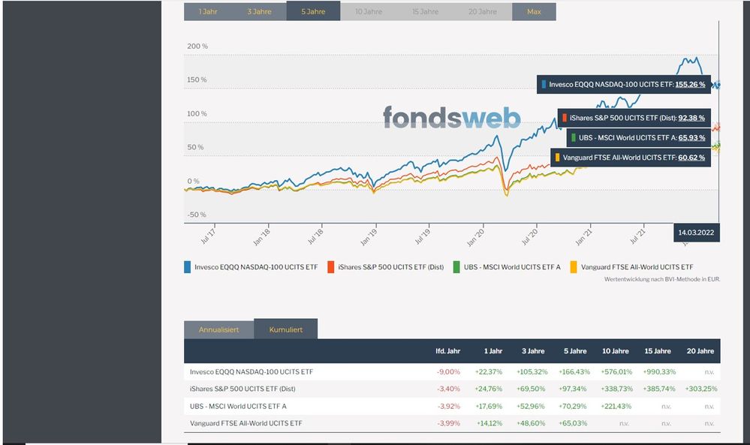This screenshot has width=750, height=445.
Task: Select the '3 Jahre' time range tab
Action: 259,12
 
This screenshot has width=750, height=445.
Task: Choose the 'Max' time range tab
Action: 534,12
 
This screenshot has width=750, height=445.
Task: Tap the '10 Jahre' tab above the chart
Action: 368,12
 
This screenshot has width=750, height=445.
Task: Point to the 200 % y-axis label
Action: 197,47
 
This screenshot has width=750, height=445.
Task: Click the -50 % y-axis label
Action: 197,215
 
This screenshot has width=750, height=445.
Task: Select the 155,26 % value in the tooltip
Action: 690,85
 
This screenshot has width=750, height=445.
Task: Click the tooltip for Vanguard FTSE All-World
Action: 630,158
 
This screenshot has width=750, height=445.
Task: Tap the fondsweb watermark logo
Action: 452,117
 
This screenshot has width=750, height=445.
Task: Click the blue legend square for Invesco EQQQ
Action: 188,266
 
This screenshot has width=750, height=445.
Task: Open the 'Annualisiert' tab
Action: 218,330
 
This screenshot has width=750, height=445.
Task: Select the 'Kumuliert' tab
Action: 285,330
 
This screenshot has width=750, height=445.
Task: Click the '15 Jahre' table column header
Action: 657,351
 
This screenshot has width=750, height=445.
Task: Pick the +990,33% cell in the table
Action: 659,371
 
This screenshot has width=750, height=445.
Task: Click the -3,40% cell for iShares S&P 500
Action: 448,389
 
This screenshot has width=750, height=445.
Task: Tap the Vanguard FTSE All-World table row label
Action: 246,424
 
